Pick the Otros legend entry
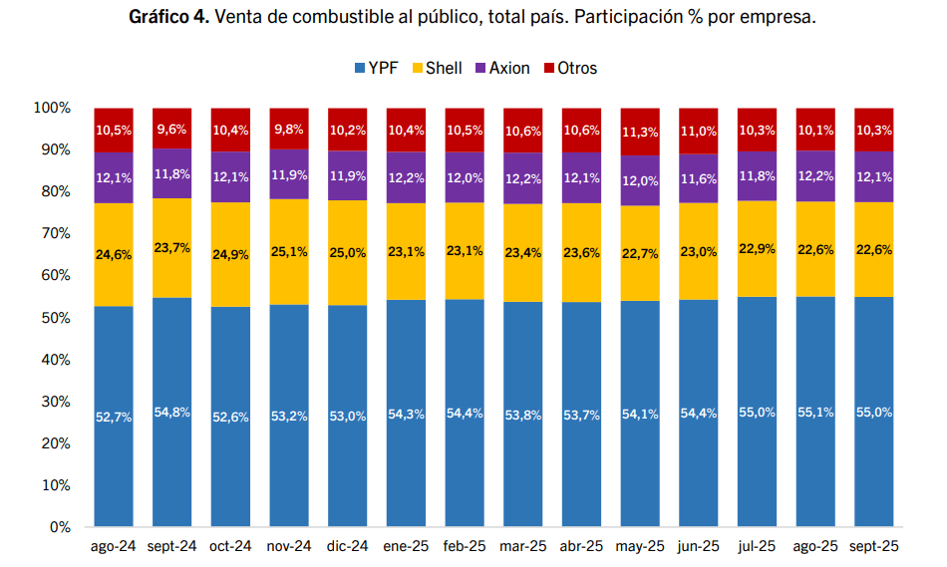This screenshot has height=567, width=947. pyautogui.click(x=569, y=68)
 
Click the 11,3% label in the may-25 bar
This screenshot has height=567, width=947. pyautogui.click(x=640, y=131)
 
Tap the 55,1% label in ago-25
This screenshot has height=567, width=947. pyautogui.click(x=815, y=413)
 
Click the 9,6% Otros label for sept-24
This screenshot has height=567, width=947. pyautogui.click(x=172, y=130)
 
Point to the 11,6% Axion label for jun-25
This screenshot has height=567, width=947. pyautogui.click(x=699, y=177)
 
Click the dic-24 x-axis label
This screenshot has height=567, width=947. pyautogui.click(x=347, y=546)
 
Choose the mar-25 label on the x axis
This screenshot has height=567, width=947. pyautogui.click(x=523, y=546)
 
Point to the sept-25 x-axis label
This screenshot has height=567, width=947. pyautogui.click(x=874, y=546)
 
